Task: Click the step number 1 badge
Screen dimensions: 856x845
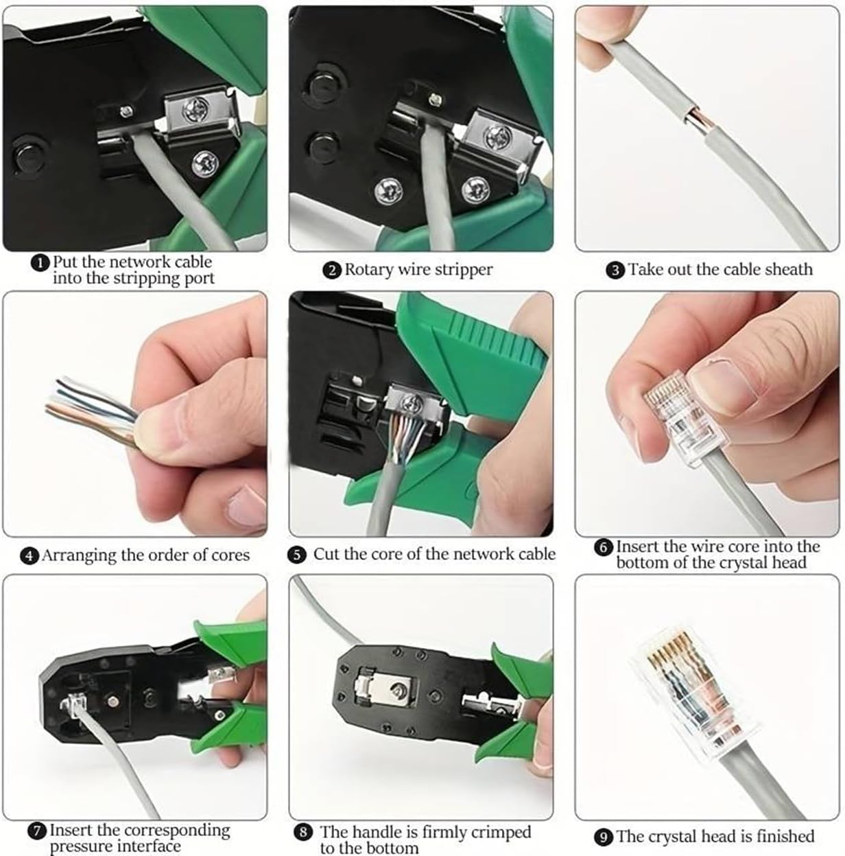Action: (x=43, y=263)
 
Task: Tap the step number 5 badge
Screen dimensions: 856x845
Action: (x=298, y=555)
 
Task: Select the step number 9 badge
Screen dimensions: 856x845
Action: (x=604, y=837)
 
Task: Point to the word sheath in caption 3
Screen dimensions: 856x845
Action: (x=789, y=270)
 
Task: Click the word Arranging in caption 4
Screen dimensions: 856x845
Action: (x=78, y=555)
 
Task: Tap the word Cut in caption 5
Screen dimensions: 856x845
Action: (x=326, y=555)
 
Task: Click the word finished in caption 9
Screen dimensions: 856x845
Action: (x=781, y=837)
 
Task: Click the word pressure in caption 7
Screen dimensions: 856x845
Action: (x=82, y=847)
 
